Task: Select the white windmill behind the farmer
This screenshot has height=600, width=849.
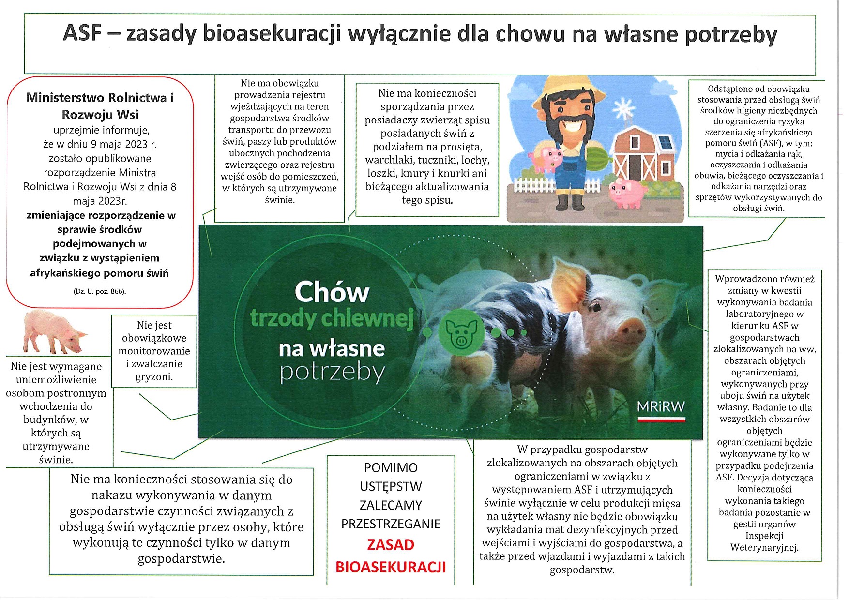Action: [x=622, y=109]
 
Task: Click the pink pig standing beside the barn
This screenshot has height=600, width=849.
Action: [x=627, y=192]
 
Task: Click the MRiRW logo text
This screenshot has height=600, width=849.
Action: [x=661, y=407]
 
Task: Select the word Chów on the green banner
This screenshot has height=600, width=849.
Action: [x=332, y=292]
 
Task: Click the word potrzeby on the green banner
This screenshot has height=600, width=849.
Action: [x=332, y=373]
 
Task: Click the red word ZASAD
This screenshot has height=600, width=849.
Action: [x=391, y=545]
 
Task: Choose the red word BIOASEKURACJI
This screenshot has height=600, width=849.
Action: [x=391, y=567]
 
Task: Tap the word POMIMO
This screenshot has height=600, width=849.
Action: [x=391, y=468]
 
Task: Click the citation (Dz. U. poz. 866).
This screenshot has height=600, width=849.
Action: [x=100, y=291]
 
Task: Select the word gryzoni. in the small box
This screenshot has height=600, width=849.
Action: [x=154, y=377]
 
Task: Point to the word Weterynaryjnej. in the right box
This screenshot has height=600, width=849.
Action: [x=764, y=548]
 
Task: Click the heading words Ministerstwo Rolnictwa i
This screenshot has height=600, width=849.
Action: [x=100, y=98]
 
